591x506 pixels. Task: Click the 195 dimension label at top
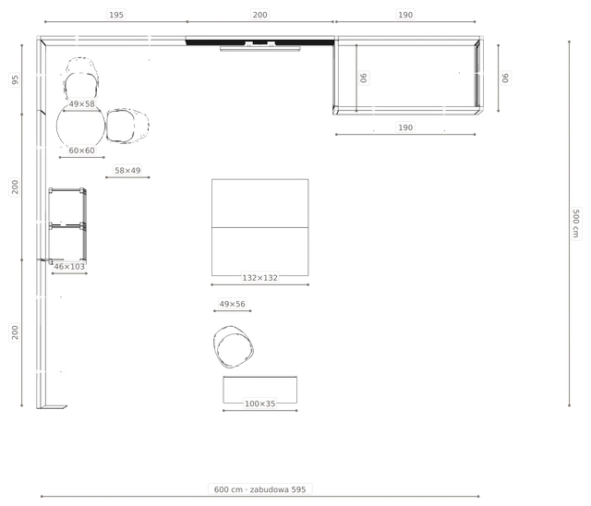(116, 15)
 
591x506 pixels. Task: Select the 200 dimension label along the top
(259, 15)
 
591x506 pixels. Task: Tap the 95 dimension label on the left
(15, 80)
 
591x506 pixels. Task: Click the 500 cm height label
(575, 223)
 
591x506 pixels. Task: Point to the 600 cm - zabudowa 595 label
(259, 489)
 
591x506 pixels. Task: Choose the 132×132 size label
(259, 278)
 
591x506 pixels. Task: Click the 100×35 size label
(259, 404)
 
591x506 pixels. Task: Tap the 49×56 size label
(232, 304)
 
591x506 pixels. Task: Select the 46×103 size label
(69, 266)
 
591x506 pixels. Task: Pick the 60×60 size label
(81, 151)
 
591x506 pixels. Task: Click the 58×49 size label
(127, 170)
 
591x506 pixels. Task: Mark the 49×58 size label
(81, 103)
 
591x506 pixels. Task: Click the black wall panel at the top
(259, 42)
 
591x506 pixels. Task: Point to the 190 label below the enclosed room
(405, 127)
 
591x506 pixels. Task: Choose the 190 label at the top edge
(405, 15)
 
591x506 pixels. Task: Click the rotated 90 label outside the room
(505, 78)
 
